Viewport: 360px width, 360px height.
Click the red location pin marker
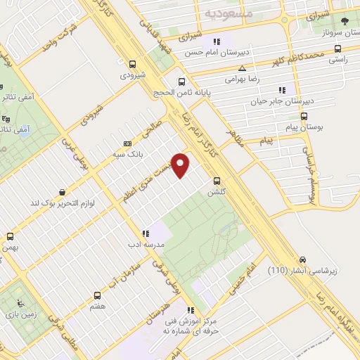coord(181,165)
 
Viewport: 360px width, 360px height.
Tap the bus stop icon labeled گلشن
coord(217,180)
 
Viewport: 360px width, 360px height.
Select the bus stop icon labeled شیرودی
coord(132,63)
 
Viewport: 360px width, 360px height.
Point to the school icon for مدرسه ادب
coord(146,233)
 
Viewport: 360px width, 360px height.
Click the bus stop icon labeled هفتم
coord(98,295)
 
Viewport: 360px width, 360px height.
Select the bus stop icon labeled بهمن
coord(10,236)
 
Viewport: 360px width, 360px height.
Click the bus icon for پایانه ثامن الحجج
coord(182,81)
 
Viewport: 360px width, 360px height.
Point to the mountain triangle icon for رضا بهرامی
coord(242,69)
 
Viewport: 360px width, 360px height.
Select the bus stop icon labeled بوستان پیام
coord(304,116)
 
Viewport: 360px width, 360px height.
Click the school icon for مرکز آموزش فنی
coord(190,310)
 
